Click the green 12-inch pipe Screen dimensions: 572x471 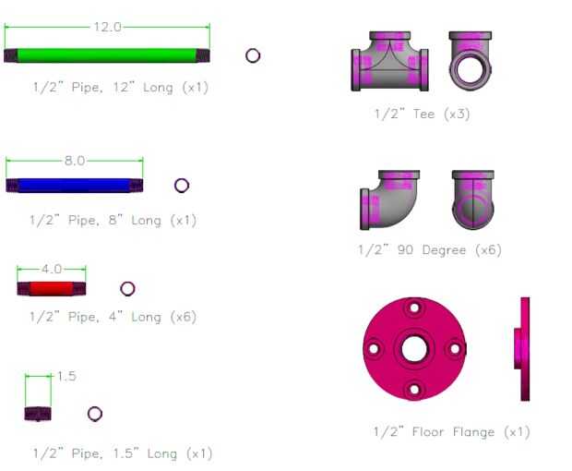(107, 55)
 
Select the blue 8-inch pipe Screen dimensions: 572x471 (75, 186)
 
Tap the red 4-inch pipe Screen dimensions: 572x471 (52, 289)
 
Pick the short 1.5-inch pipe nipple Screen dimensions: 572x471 (38, 414)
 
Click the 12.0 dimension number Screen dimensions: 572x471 (107, 27)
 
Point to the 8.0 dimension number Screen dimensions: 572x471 (75, 161)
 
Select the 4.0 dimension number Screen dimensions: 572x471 (52, 270)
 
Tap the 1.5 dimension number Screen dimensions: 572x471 (66, 376)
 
